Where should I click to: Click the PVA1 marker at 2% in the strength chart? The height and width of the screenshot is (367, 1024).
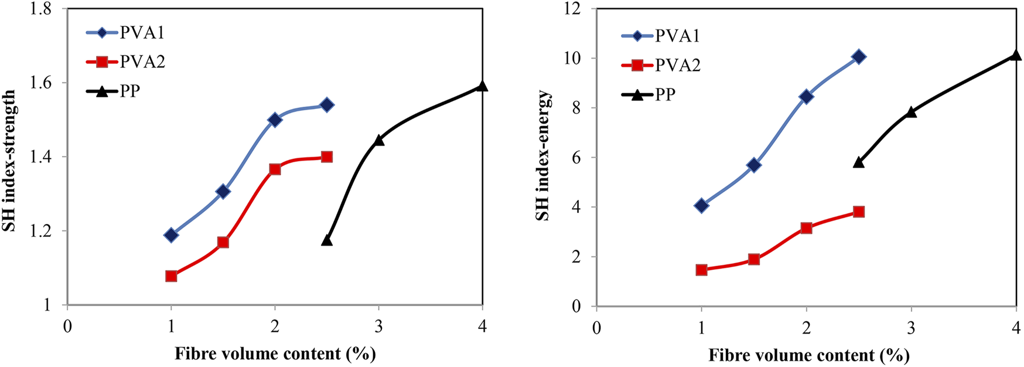(x=275, y=120)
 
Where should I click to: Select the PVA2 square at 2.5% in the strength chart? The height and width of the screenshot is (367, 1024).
(x=327, y=157)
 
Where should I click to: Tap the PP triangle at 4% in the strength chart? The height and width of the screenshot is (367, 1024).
(x=482, y=86)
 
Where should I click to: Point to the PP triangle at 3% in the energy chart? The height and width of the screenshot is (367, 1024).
(x=911, y=111)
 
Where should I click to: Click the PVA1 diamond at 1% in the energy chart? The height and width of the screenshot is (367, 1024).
(x=701, y=205)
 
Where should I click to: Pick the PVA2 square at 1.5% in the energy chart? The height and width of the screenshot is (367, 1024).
(x=754, y=259)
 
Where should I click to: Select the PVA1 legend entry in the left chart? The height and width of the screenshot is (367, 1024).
(x=125, y=33)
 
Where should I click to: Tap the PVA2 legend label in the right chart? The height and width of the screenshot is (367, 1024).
(x=678, y=65)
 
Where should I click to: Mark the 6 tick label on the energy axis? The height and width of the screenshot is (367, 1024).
(x=576, y=158)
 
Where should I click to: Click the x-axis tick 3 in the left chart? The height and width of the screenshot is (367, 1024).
(x=378, y=327)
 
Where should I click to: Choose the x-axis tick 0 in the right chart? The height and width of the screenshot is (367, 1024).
(x=596, y=328)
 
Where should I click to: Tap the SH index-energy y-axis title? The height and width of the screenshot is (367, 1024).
(x=544, y=155)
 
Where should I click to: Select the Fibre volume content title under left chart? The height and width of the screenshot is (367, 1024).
(x=275, y=354)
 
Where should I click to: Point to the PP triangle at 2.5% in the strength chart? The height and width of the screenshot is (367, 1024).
(x=327, y=240)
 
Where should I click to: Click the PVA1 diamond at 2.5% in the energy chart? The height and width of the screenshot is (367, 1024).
(x=859, y=57)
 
